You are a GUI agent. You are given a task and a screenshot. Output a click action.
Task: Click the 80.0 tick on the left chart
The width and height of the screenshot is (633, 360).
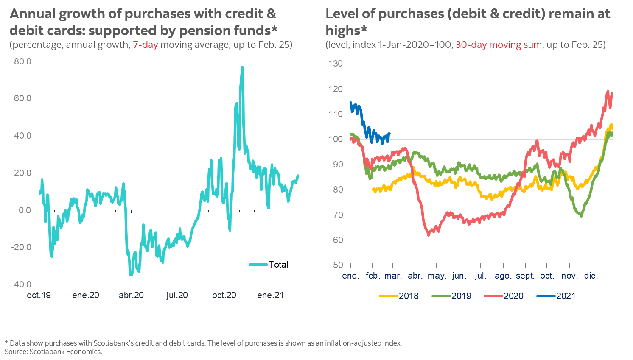click(x=22, y=61)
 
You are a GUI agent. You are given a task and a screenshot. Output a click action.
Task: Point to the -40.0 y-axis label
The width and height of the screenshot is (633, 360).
click(x=21, y=285)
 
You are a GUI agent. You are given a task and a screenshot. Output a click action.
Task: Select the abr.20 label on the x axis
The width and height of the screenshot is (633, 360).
click(x=131, y=295)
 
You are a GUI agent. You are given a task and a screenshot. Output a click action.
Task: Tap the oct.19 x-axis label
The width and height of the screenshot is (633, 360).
click(x=39, y=295)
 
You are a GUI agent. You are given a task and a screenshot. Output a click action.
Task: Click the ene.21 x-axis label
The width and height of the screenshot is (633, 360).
click(x=270, y=295)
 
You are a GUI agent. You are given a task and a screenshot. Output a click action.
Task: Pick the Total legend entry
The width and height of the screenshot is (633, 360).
click(x=278, y=265)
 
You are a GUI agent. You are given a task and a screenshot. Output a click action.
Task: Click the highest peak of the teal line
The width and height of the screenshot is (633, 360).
click(x=242, y=67)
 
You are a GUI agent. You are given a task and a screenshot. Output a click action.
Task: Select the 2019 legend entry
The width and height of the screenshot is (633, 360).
click(x=461, y=296)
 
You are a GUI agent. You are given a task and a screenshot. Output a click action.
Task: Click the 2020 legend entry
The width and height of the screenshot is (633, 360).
click(x=513, y=296)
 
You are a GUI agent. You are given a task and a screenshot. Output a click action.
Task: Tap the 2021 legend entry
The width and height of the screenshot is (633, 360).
click(x=566, y=296)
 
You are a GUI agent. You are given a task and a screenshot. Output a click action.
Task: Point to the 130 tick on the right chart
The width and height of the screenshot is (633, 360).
click(x=335, y=64)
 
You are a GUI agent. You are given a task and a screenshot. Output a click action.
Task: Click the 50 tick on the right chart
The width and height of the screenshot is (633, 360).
click(x=338, y=265)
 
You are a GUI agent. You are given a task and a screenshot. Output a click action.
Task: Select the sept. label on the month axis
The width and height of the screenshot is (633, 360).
click(x=525, y=276)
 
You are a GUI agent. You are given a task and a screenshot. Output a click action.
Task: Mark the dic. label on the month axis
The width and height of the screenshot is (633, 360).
click(x=591, y=276)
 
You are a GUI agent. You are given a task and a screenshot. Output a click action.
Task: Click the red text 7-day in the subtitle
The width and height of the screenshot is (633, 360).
click(x=145, y=45)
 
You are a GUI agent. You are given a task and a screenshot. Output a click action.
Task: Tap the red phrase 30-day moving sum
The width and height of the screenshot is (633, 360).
click(x=499, y=45)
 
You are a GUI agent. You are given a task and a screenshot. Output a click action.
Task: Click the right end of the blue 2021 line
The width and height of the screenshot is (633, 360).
click(x=389, y=134)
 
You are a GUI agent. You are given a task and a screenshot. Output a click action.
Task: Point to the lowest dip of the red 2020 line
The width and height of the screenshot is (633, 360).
click(x=429, y=234)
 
